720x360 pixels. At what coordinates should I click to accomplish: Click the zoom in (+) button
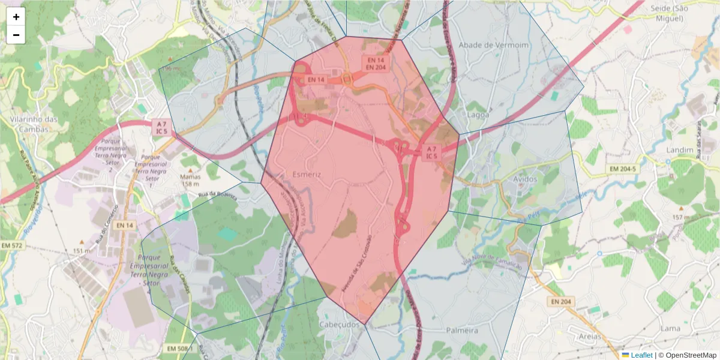(16, 17)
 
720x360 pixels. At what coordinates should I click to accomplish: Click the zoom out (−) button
(16, 35)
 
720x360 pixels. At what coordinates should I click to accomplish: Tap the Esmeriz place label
(307, 174)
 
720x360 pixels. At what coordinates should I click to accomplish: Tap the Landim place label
(680, 149)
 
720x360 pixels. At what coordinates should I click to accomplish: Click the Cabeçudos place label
(340, 324)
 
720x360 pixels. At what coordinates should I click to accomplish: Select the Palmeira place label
(462, 331)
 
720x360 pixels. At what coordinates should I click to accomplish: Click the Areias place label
(586, 337)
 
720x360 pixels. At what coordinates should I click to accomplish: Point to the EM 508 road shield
(178, 349)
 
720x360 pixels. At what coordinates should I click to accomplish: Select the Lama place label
(670, 328)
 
